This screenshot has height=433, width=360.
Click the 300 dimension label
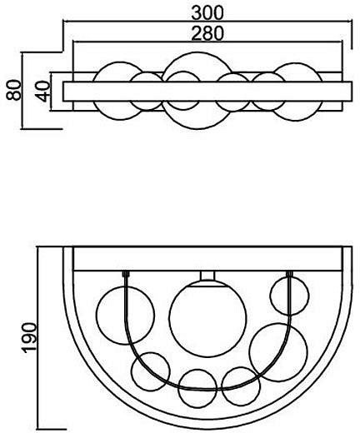207,12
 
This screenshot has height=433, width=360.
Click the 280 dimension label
207,33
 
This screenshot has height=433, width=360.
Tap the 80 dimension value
14,90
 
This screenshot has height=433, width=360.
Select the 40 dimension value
42,92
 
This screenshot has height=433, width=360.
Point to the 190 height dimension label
29,338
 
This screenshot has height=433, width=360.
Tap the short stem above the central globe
207,276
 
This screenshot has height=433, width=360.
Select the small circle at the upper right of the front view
270,296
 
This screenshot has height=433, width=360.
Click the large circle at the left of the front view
97,316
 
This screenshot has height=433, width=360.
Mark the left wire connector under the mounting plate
126,274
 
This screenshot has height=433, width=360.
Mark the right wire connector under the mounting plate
289,274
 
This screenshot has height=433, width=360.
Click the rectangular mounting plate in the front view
207,259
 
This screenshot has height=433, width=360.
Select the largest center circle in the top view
197,52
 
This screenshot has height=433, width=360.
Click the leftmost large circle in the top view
120,62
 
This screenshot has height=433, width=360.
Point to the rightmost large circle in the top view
297,63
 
